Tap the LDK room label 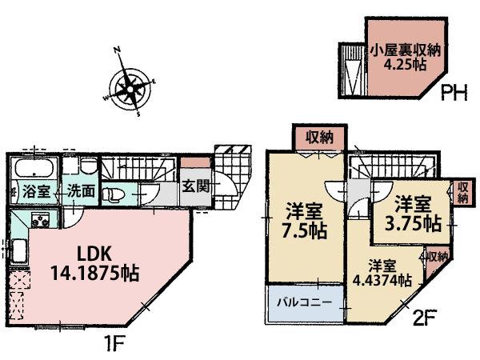point(93,254)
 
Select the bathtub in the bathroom point(33,169)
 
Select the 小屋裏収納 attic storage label point(403,51)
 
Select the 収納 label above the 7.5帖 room point(320,138)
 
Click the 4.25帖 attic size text point(403,66)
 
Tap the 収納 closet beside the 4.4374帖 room point(437,258)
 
